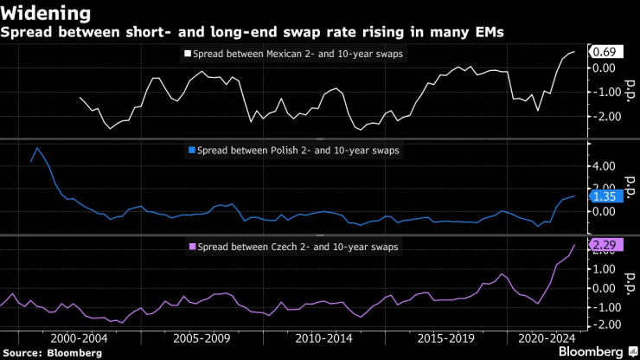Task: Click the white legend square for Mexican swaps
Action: pyautogui.click(x=189, y=55)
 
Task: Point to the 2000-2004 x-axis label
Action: pyautogui.click(x=79, y=339)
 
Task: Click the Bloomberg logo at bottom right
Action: pyautogui.click(x=592, y=352)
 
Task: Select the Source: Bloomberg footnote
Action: pyautogui.click(x=52, y=353)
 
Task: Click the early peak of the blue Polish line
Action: pyautogui.click(x=37, y=148)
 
